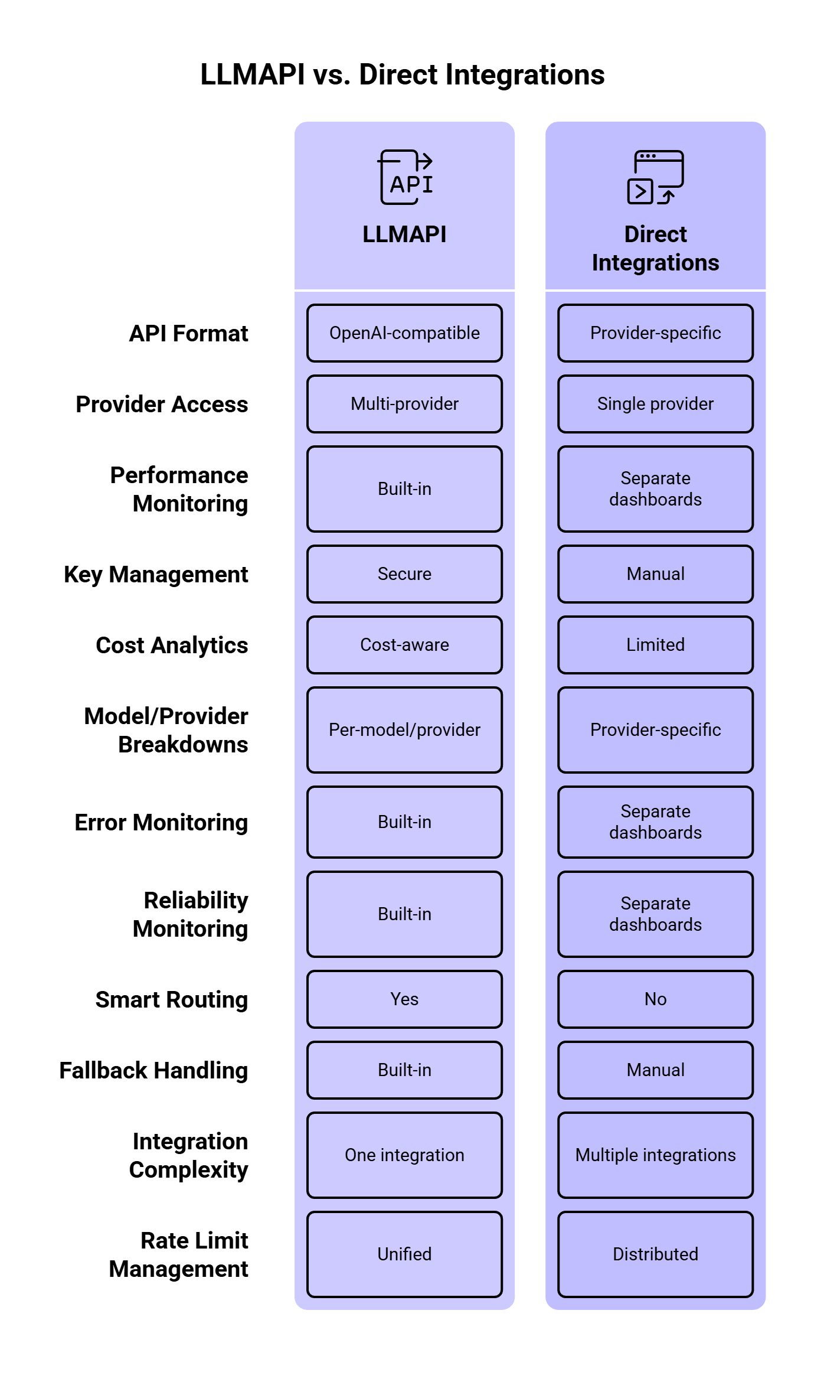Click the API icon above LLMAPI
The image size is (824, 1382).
point(405,177)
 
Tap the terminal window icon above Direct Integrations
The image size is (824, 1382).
point(655,177)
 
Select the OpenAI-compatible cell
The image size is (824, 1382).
point(405,333)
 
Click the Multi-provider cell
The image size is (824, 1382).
point(405,404)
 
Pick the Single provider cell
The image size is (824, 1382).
point(656,404)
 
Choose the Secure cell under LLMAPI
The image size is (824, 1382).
point(405,574)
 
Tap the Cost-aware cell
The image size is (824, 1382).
point(405,645)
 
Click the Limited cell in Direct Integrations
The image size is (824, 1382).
point(656,645)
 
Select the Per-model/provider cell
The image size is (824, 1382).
point(405,730)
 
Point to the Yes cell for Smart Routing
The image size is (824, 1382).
point(405,999)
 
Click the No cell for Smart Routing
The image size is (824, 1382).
point(656,999)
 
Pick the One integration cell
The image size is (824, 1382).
point(405,1155)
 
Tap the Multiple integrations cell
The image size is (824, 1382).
point(656,1155)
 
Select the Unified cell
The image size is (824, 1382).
point(405,1254)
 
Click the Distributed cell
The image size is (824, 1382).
point(656,1254)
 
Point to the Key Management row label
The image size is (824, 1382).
point(156,575)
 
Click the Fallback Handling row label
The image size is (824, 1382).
point(153,1071)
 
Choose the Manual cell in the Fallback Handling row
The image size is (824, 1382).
point(656,1070)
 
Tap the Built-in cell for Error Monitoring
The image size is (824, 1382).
point(405,822)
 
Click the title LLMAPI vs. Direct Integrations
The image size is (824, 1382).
point(403,75)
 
